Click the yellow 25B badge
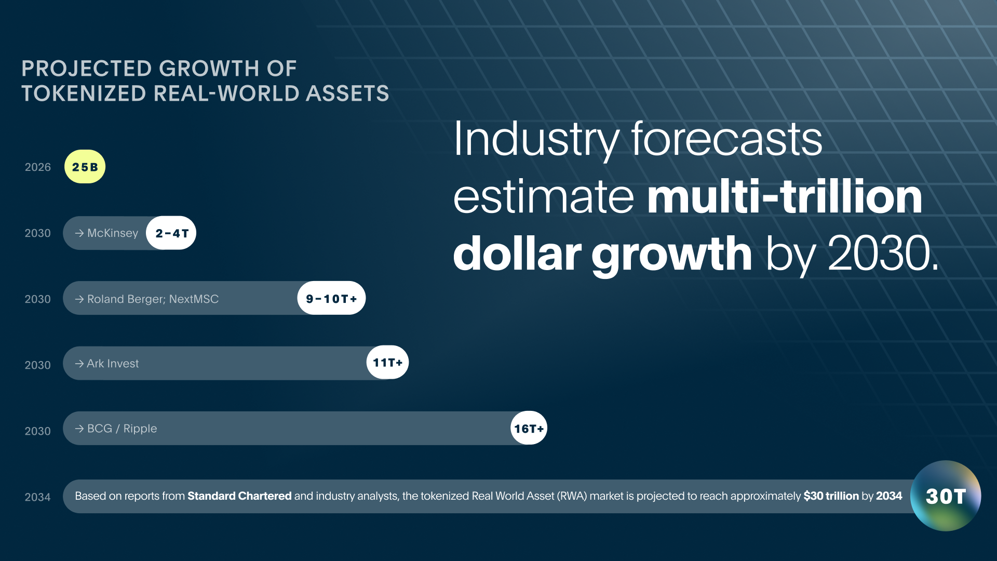[85, 167]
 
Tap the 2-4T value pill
[171, 233]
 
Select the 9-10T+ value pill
[331, 299]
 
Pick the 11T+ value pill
[387, 363]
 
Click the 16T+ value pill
[529, 429]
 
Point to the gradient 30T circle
[946, 496]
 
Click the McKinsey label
[112, 233]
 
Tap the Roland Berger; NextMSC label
[153, 299]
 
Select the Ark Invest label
[113, 364]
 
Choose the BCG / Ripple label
[122, 429]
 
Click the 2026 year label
[37, 167]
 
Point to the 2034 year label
[37, 497]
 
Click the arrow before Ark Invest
[79, 364]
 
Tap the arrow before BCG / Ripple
[79, 429]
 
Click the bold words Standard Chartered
[239, 496]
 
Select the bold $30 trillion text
[831, 496]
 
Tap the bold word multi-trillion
[784, 197]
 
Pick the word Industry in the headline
[535, 139]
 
